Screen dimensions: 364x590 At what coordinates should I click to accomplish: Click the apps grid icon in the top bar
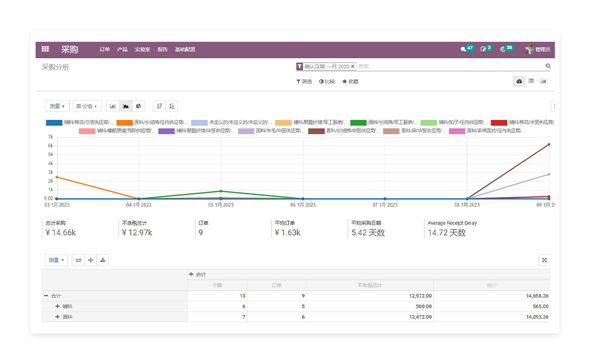point(45,49)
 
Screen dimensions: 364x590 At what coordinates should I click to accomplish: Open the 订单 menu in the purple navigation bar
point(105,50)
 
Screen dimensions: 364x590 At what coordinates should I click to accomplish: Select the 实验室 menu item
point(142,50)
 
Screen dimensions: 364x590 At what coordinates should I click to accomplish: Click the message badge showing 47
point(467,48)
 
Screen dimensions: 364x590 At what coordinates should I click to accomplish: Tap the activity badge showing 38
point(506,48)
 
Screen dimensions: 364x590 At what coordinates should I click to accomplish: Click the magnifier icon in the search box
point(548,66)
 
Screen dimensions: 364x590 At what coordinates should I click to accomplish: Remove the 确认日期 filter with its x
point(353,66)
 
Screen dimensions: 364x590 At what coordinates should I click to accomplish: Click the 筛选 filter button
point(304,81)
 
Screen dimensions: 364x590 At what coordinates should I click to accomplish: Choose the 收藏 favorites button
point(350,81)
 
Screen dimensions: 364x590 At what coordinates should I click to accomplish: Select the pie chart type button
point(139,106)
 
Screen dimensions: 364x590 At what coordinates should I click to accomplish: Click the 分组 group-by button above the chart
point(87,106)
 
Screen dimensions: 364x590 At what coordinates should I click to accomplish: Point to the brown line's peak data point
point(549,144)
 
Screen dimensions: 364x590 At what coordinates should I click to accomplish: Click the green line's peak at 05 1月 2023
point(221,192)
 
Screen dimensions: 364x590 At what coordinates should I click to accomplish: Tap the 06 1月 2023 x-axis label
point(302,205)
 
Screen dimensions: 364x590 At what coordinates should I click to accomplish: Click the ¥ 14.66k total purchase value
point(60,233)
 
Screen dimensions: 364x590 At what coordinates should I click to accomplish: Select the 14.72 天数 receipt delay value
point(446,233)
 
